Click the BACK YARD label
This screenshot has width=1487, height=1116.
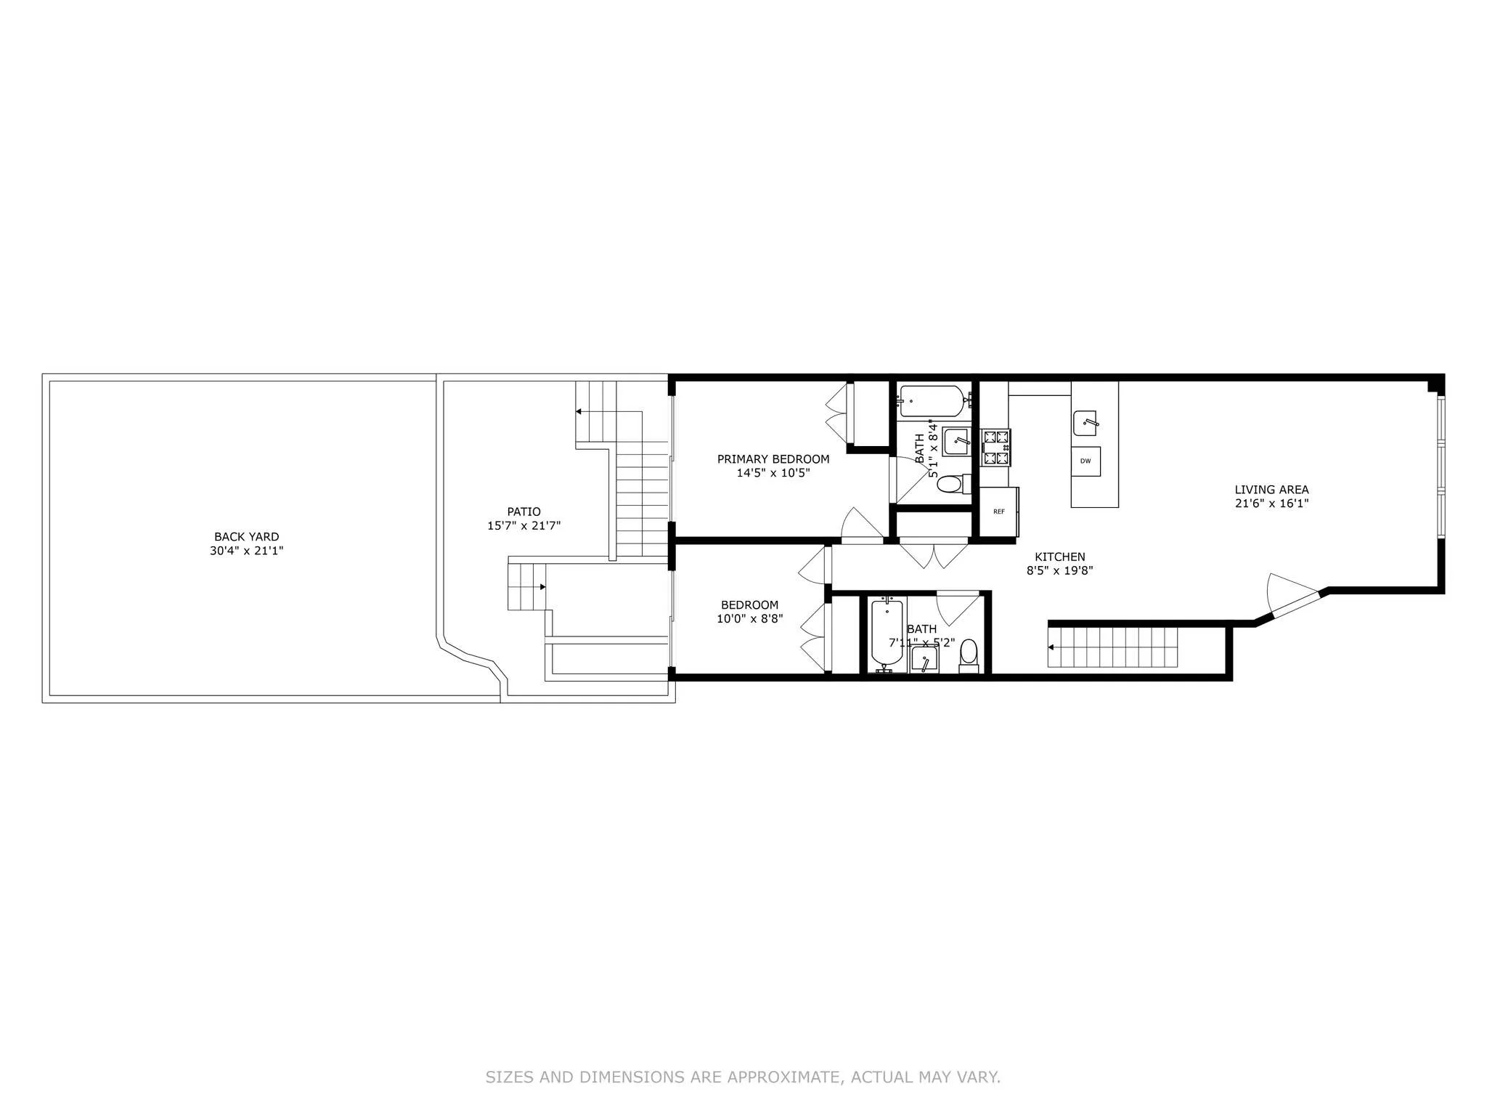pyautogui.click(x=246, y=537)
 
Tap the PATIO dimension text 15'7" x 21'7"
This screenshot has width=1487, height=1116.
pyautogui.click(x=523, y=525)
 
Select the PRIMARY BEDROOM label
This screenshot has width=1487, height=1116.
pyautogui.click(x=773, y=459)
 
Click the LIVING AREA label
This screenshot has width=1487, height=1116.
pyautogui.click(x=1271, y=490)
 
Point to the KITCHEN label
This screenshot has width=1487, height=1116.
pyautogui.click(x=1059, y=557)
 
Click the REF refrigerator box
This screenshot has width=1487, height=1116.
pyautogui.click(x=999, y=511)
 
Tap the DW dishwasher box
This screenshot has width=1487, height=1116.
pyautogui.click(x=1085, y=461)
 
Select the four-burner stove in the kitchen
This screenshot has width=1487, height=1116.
pyautogui.click(x=995, y=448)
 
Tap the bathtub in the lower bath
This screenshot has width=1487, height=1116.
pyautogui.click(x=887, y=632)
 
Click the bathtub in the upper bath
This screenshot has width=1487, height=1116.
pyautogui.click(x=932, y=399)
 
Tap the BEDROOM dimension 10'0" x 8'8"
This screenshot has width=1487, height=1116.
pyautogui.click(x=749, y=619)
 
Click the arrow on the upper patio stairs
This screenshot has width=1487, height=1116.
pyautogui.click(x=579, y=412)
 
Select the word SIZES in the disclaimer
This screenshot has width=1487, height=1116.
pyautogui.click(x=508, y=1077)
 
